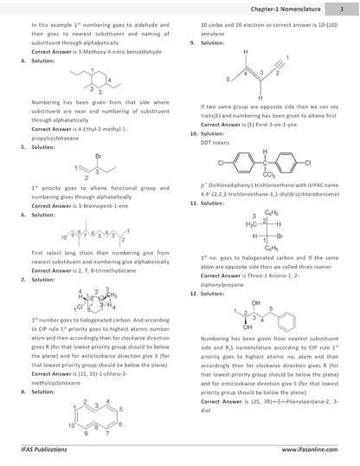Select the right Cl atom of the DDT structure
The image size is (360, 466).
click(x=308, y=163)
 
